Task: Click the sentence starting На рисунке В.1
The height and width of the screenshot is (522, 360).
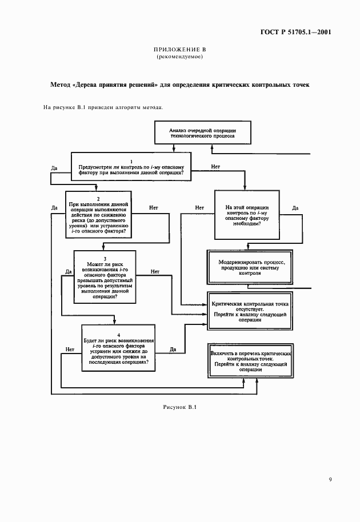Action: (x=103, y=107)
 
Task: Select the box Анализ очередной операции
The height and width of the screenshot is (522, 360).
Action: (x=202, y=134)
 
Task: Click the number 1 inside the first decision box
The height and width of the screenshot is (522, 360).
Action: (x=131, y=161)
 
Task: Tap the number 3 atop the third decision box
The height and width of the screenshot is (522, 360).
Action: (x=105, y=258)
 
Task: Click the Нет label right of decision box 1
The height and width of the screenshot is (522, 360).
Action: (x=215, y=166)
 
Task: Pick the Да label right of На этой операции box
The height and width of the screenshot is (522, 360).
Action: (x=295, y=208)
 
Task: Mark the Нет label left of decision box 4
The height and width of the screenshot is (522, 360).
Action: (x=70, y=349)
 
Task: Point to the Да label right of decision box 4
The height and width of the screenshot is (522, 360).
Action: (x=173, y=349)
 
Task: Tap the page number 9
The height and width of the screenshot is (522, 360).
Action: (x=330, y=479)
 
